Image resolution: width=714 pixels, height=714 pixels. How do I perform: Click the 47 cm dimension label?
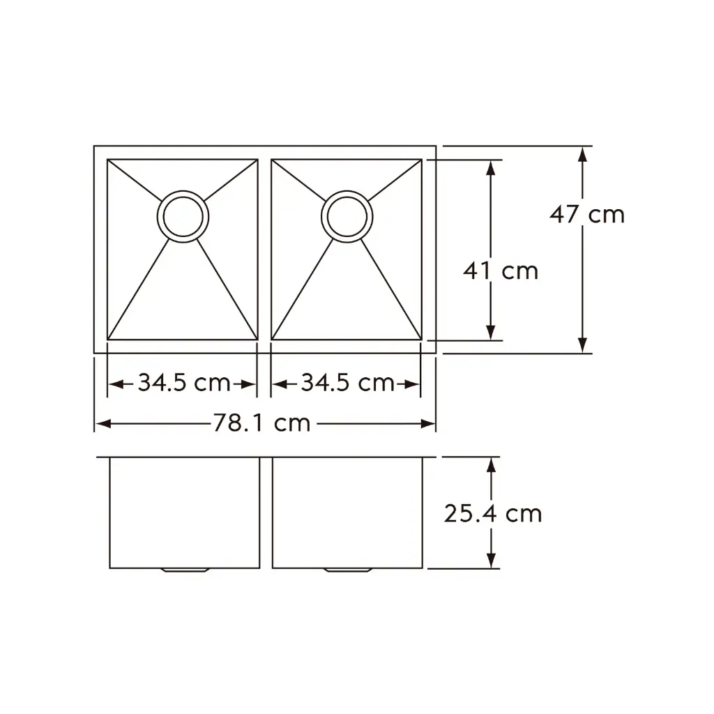(x=586, y=214)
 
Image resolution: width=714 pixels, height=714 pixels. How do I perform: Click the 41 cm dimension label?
(x=500, y=271)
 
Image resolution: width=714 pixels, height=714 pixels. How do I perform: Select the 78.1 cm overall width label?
(x=261, y=423)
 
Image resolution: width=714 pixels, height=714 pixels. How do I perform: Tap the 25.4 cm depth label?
(x=492, y=514)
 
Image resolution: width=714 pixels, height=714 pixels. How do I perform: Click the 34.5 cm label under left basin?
(x=183, y=383)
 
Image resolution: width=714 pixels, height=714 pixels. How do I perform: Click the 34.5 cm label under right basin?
(x=347, y=383)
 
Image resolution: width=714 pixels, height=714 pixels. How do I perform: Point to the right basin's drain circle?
(x=346, y=216)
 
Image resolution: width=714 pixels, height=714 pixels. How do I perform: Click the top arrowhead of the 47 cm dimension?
(x=583, y=153)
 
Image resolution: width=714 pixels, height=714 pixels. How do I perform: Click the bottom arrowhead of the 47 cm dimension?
(x=583, y=345)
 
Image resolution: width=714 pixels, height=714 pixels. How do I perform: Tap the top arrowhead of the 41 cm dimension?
(x=492, y=167)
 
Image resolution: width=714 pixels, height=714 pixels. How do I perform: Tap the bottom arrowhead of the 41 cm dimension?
(x=492, y=333)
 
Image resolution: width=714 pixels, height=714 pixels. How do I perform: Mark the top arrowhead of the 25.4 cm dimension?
(x=492, y=465)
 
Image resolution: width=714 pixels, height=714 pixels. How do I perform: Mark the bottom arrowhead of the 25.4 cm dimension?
(x=492, y=561)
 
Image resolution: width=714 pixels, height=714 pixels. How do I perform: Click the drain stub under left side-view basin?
(x=185, y=570)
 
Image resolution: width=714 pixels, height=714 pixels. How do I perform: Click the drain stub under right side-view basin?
(x=347, y=570)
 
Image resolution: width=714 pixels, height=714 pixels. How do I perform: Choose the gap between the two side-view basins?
(x=266, y=512)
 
